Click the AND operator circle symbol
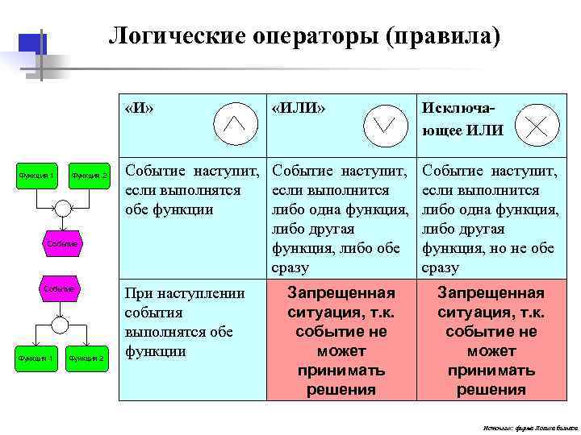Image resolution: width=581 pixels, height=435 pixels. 234,122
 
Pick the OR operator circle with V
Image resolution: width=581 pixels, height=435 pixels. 384,123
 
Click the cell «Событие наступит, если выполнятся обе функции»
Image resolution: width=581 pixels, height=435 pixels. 192,190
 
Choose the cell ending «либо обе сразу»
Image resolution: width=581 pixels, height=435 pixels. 339,218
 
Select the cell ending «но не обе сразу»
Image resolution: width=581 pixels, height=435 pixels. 489,218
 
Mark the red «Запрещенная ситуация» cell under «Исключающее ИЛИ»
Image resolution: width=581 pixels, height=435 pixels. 491,341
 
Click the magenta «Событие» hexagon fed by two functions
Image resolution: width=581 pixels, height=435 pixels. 61,242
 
